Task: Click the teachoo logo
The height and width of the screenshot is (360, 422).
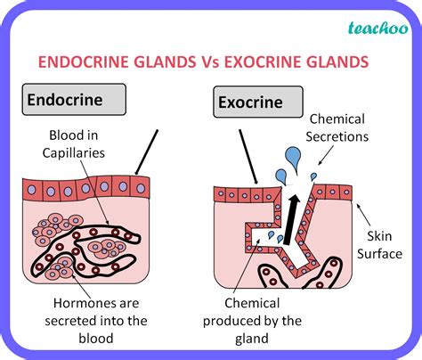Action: click(378, 29)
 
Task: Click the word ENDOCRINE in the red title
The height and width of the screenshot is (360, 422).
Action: click(84, 62)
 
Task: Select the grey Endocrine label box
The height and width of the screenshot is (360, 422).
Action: click(74, 100)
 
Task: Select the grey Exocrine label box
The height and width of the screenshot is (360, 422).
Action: click(258, 102)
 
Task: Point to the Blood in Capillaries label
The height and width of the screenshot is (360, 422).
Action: click(74, 144)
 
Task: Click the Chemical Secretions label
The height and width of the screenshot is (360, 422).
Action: click(337, 128)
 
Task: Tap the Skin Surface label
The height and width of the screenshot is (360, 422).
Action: click(379, 245)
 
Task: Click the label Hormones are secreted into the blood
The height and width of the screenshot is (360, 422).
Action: click(96, 321)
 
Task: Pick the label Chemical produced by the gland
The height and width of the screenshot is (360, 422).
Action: click(252, 321)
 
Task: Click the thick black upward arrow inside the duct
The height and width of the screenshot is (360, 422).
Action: click(291, 220)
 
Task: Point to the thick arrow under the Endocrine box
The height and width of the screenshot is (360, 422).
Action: click(146, 152)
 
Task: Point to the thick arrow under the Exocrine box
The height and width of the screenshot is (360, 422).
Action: click(248, 157)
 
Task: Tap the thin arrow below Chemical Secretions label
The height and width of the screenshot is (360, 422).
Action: click(326, 156)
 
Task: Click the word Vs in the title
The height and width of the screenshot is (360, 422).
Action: click(208, 62)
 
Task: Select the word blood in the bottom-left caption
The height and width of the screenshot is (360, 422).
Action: click(96, 339)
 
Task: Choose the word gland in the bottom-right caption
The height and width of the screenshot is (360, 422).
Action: click(252, 339)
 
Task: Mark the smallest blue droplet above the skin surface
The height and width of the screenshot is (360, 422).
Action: click(313, 176)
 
